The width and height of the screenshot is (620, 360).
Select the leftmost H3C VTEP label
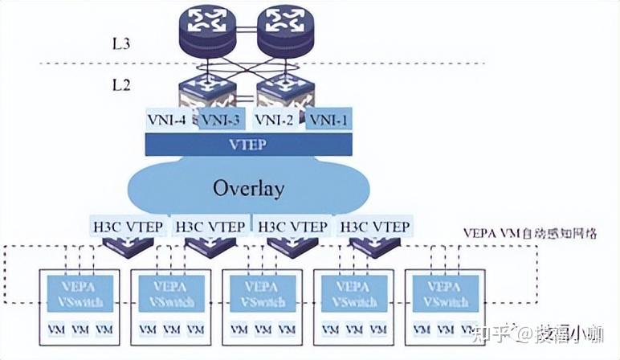click(124, 227)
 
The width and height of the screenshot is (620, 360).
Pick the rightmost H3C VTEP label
click(375, 227)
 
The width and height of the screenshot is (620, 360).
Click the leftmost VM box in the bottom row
click(56, 329)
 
